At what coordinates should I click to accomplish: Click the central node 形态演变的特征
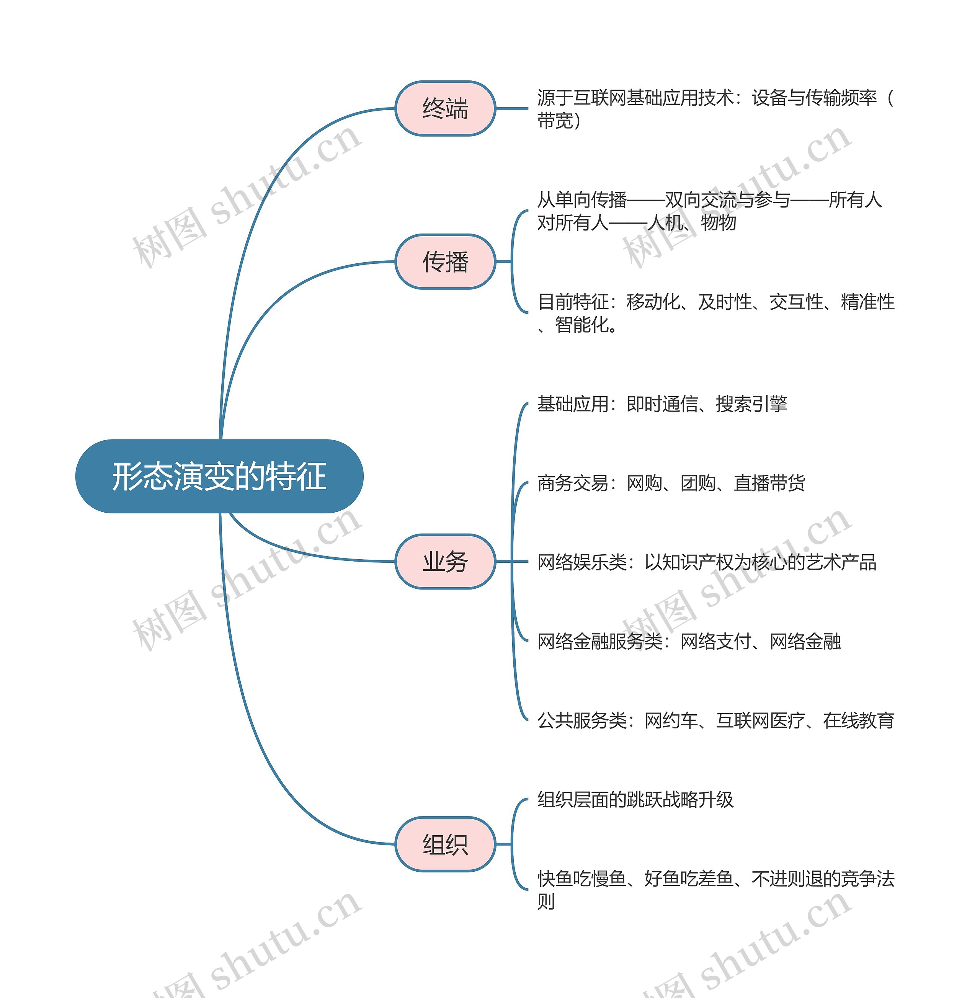pos(219,476)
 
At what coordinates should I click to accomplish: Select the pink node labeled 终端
pos(445,109)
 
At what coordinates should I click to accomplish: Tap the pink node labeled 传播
pos(445,261)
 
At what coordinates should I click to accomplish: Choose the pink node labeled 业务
pos(445,561)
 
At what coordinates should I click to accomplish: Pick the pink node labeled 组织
pos(445,844)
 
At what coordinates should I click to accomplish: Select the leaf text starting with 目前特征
pos(715,313)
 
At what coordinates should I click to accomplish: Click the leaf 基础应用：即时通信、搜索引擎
pos(662,404)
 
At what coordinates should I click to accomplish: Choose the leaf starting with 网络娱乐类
pos(706,562)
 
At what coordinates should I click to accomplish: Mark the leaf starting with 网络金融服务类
pos(689,641)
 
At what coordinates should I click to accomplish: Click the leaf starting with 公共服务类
pos(715,720)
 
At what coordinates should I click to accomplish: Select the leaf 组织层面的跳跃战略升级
pos(635,799)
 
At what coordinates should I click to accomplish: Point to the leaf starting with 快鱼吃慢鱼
pos(715,889)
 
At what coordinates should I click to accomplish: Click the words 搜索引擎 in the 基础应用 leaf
pos(751,404)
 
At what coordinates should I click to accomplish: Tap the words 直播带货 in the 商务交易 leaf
pos(769,483)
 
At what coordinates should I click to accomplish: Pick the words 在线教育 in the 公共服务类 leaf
pos(859,720)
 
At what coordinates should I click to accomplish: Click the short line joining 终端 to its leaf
pos(511,109)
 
